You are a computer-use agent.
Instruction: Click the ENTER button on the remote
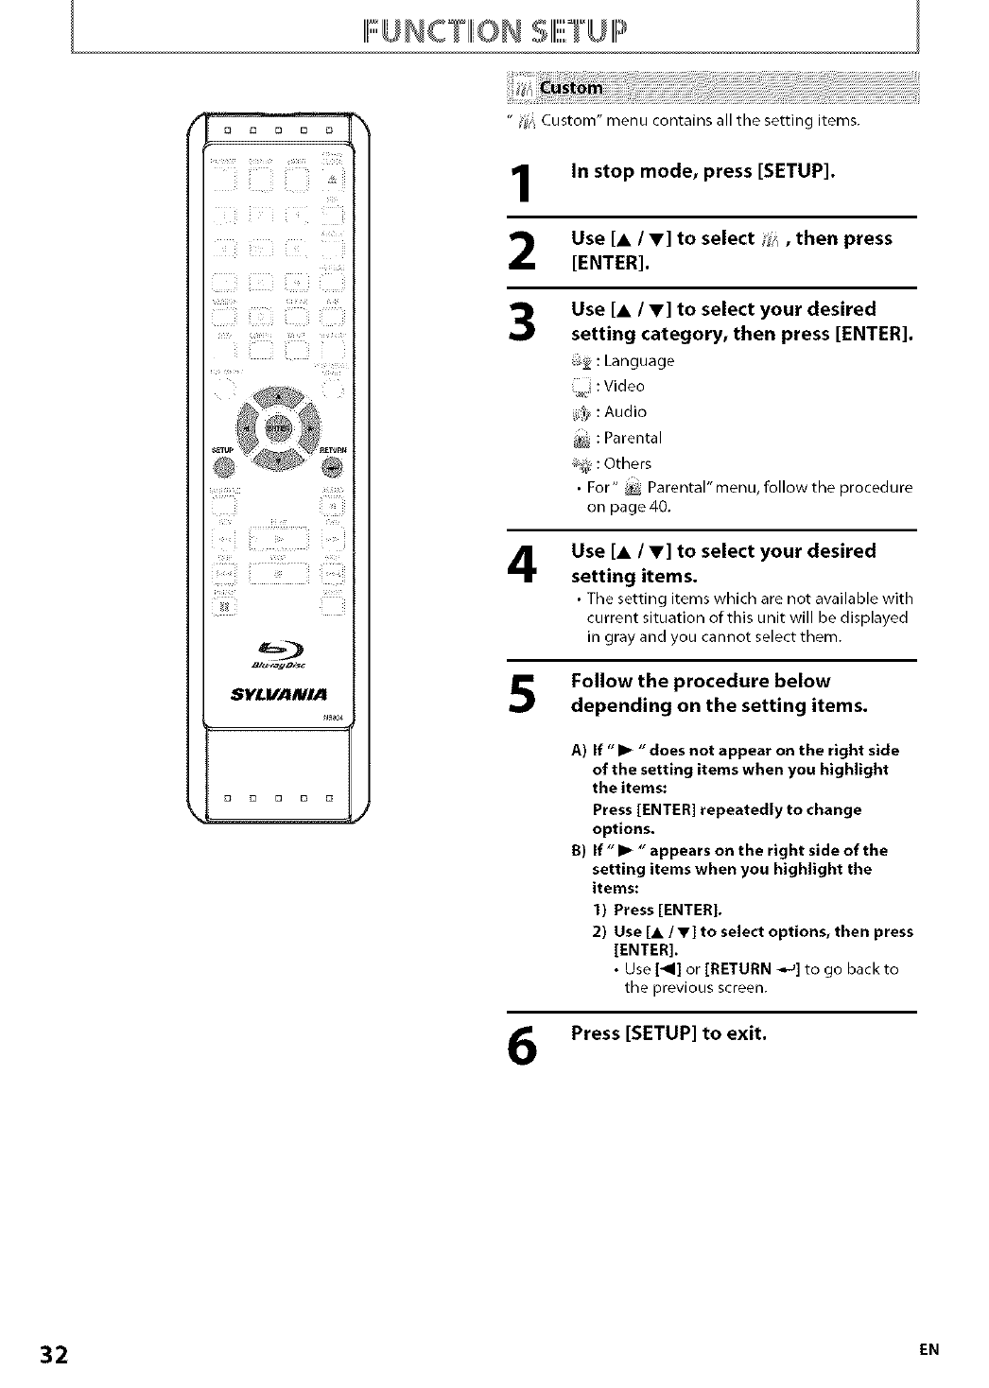[278, 428]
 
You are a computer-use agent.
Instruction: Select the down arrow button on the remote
[278, 460]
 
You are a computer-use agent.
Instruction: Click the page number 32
[53, 1354]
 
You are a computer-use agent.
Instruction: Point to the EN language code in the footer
[929, 1350]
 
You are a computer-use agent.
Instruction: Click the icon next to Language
[584, 360]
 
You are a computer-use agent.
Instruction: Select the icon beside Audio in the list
[584, 412]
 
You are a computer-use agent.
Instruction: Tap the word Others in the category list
[627, 463]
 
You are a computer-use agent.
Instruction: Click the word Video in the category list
[623, 386]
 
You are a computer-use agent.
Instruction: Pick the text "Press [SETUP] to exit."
[668, 1032]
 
